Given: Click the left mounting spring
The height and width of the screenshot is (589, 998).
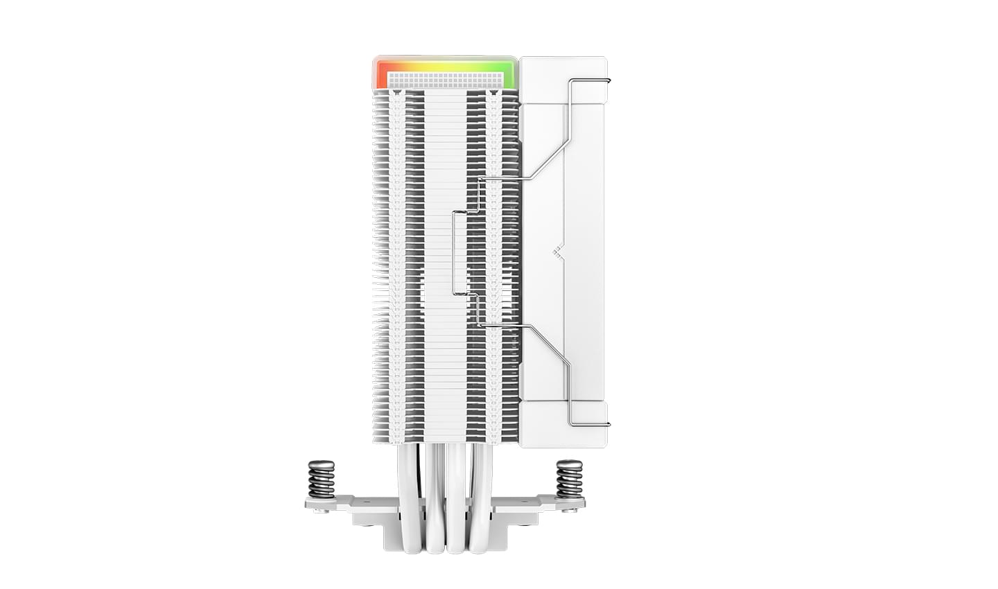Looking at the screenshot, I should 321,479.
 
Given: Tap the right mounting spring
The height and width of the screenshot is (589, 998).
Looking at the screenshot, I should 569,479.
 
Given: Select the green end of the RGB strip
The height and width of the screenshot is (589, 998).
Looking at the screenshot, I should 510,73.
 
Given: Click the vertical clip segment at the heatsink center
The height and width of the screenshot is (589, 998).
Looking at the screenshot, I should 453,252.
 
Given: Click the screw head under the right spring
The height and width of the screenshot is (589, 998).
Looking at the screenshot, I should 572,511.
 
